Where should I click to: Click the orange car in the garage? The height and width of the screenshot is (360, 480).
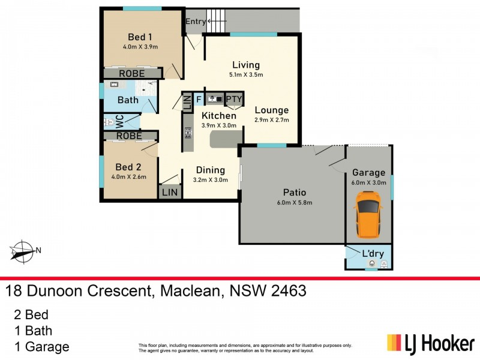368,214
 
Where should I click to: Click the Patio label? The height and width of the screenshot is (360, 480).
295,193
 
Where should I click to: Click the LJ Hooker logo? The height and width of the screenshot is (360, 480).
430,344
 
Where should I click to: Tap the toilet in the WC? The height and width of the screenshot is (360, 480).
109,121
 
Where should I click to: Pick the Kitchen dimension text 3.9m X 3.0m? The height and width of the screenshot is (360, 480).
218,125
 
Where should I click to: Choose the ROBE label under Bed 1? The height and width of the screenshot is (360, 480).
131,73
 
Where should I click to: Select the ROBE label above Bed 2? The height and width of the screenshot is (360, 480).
129,136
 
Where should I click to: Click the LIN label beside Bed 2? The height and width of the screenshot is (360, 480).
170,193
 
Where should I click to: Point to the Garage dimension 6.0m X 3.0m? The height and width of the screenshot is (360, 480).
368,183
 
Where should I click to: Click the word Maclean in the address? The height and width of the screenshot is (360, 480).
189,292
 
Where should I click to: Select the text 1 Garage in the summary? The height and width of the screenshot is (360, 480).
41,346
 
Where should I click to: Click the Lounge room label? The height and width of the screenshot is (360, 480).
271,110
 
